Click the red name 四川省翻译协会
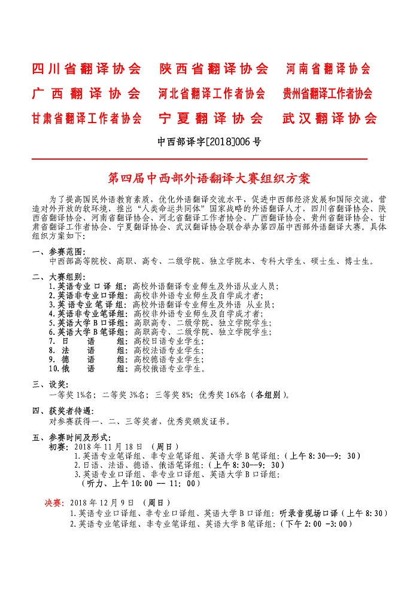[87, 69]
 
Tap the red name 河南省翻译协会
[328, 69]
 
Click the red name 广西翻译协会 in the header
[87, 94]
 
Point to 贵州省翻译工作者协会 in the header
[327, 94]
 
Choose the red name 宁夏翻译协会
[211, 118]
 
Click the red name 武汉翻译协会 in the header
[329, 118]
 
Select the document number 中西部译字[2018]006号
[209, 142]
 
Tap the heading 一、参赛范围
[59, 252]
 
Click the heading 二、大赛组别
[59, 277]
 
